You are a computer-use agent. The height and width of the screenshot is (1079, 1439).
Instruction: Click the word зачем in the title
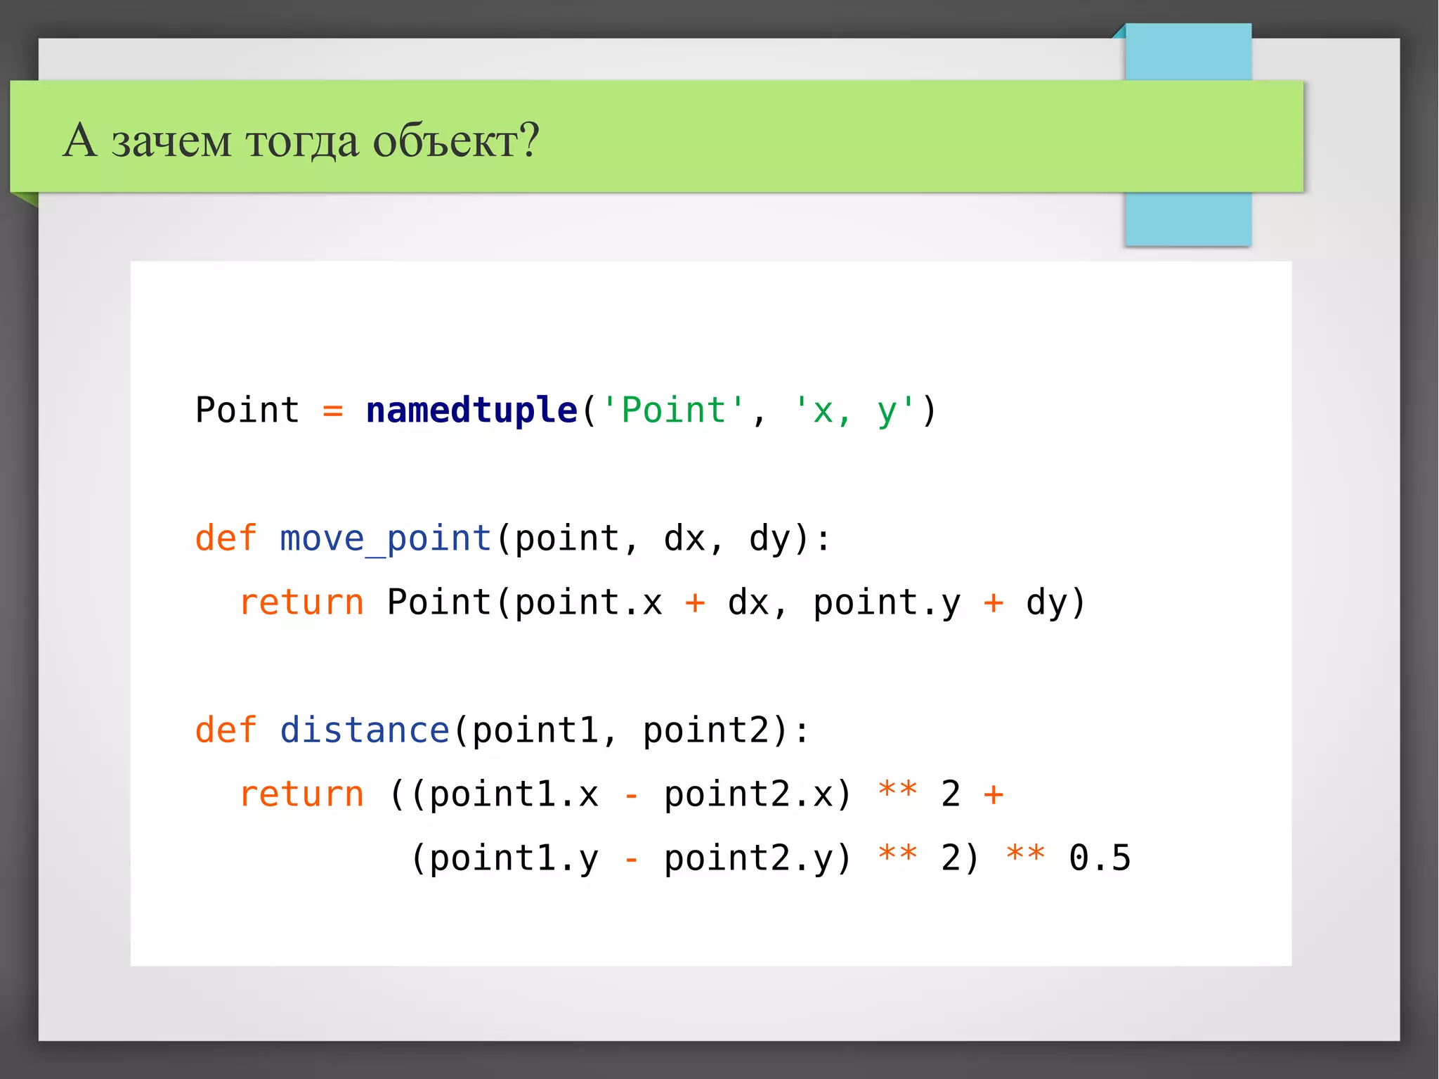tap(171, 141)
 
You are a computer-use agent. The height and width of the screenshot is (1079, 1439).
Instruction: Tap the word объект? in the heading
tap(455, 141)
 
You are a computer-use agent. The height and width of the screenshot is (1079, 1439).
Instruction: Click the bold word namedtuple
tap(471, 411)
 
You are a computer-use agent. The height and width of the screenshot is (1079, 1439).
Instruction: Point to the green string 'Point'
tap(673, 411)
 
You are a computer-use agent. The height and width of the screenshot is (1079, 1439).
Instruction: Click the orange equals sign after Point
tap(332, 411)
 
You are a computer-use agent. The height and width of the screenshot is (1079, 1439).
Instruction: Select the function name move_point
tap(385, 539)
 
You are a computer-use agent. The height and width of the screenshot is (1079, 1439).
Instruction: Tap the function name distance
tap(364, 730)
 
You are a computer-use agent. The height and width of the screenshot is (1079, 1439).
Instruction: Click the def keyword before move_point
tap(226, 539)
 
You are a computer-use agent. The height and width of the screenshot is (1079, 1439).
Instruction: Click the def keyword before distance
tap(226, 730)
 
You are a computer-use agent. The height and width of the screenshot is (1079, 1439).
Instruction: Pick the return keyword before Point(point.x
tap(301, 603)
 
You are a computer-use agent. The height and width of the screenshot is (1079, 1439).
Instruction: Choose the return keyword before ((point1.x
tap(301, 795)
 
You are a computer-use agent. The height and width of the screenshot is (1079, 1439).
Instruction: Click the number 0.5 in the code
tap(1100, 858)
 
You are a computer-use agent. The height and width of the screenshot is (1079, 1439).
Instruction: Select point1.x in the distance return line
tap(514, 795)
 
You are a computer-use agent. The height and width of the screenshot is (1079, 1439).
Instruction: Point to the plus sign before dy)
tap(993, 603)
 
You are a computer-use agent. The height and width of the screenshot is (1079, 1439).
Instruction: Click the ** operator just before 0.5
tap(1025, 855)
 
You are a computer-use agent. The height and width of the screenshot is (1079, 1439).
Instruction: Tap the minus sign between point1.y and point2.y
tap(632, 860)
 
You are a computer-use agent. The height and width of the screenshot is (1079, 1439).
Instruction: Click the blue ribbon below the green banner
tap(1187, 219)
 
